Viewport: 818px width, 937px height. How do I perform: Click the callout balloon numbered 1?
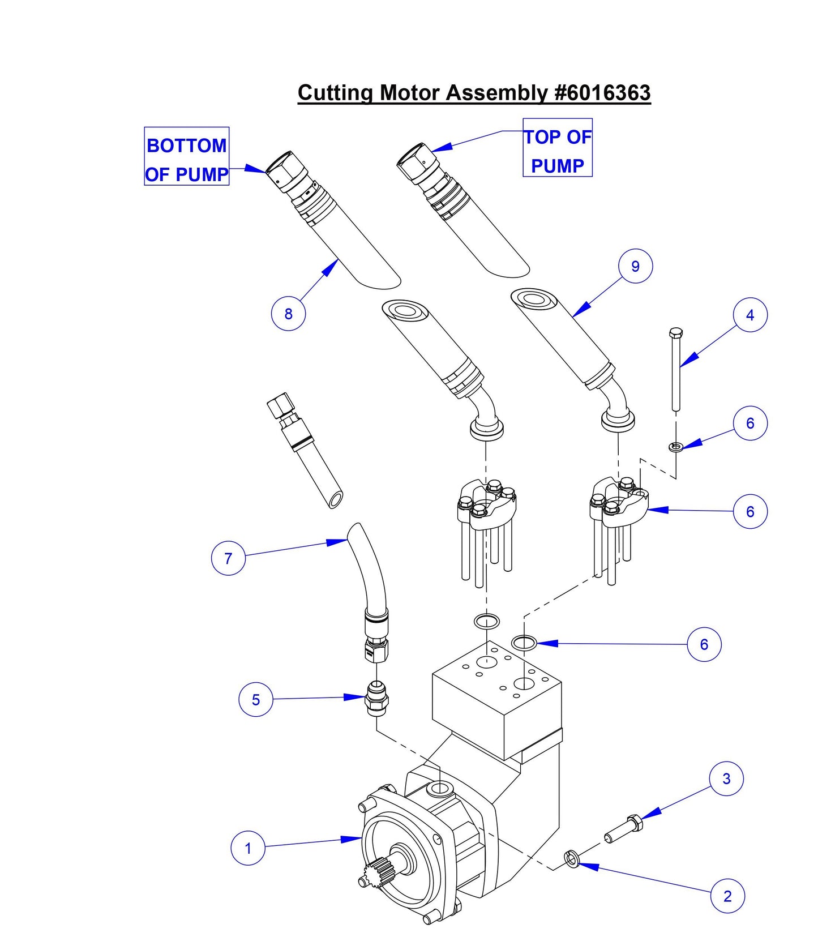248,848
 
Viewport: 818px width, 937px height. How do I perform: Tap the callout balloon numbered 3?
726,778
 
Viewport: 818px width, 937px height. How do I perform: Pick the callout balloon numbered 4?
750,315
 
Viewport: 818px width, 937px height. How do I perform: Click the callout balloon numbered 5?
256,699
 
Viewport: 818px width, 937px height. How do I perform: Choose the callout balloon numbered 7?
228,558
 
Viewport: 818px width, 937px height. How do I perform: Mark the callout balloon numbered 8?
288,314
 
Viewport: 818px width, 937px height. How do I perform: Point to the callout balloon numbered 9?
635,266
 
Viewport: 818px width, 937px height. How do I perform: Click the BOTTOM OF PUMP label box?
187,156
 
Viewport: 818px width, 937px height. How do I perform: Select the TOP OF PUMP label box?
557,148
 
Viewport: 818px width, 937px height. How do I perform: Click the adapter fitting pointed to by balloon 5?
376,698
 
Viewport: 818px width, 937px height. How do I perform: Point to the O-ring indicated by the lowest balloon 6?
524,643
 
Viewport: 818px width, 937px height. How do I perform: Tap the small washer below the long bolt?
675,447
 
